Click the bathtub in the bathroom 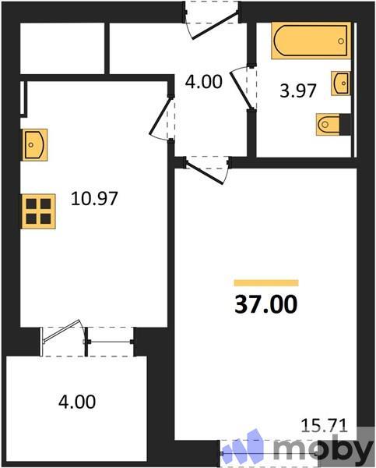[x=309, y=41]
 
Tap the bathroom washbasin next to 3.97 [x=341, y=83]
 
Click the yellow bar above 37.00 [x=266, y=282]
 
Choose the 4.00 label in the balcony [x=77, y=402]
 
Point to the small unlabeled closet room [x=62, y=48]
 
